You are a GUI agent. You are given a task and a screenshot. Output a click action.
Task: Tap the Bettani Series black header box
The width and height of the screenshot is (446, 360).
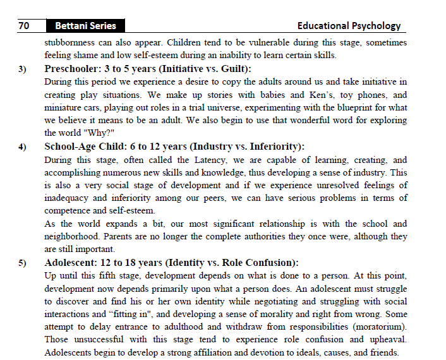[85, 26]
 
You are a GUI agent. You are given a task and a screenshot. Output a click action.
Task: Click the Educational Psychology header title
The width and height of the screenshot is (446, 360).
[349, 26]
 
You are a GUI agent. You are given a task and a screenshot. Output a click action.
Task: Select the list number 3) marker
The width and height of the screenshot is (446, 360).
[23, 69]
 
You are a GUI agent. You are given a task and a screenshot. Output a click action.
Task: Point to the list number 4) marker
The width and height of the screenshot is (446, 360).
[23, 147]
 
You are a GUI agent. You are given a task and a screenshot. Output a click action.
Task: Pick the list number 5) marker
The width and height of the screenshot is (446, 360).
[23, 263]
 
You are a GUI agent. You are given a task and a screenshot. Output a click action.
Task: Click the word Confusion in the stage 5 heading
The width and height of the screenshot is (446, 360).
[269, 263]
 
